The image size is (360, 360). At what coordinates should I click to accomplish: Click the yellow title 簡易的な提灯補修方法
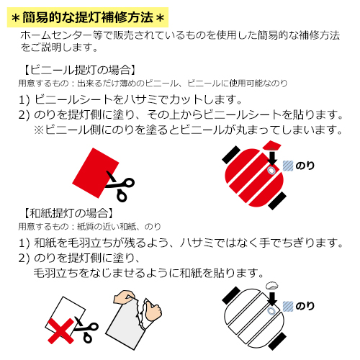[88, 17]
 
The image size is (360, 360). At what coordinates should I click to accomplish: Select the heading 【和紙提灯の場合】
[68, 213]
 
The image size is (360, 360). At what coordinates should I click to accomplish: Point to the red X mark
[61, 331]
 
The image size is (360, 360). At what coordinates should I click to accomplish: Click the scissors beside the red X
[86, 329]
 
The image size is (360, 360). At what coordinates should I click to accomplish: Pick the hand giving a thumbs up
[152, 310]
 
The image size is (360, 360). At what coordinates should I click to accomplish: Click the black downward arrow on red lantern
[271, 157]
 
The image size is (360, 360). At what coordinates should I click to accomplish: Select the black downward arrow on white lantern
[271, 299]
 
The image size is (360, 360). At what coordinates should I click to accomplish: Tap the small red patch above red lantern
[271, 145]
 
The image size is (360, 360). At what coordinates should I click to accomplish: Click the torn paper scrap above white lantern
[272, 286]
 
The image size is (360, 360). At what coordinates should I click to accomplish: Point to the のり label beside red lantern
[305, 166]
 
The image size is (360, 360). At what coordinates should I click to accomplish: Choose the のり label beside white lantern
[305, 306]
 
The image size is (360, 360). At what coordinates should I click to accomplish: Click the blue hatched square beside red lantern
[288, 166]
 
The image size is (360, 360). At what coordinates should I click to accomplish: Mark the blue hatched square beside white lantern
[288, 306]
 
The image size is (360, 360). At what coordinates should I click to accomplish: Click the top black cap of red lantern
[231, 155]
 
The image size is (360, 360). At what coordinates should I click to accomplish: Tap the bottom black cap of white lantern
[277, 341]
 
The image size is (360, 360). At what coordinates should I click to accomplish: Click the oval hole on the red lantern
[271, 170]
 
